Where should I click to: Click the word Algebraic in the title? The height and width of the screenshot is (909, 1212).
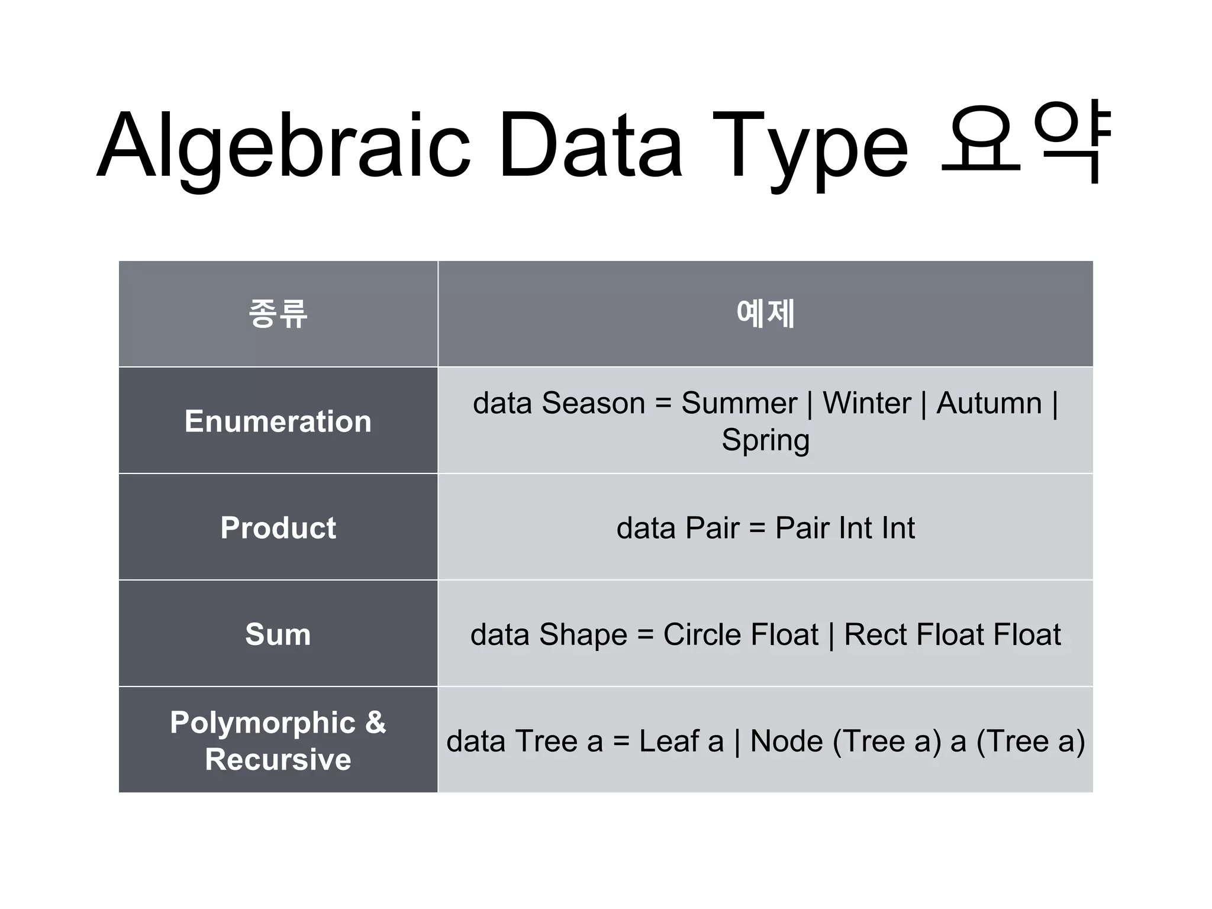283,145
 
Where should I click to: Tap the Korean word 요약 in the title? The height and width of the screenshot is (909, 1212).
1027,142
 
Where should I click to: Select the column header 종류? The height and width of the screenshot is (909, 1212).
278,313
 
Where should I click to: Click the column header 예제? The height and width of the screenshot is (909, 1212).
765,313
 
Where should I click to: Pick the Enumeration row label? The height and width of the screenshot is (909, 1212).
278,421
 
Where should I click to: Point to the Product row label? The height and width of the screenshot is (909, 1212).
278,527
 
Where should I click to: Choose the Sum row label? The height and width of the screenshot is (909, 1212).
278,634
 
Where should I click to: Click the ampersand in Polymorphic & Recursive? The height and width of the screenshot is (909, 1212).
375,722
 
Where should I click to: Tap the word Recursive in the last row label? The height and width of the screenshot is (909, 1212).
278,759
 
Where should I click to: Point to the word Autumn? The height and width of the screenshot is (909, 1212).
989,404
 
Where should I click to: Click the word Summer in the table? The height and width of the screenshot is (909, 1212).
739,404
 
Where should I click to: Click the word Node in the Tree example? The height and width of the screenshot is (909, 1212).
786,741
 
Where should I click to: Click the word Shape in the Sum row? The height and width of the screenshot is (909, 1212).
583,634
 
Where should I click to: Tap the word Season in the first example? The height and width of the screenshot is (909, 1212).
593,404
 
